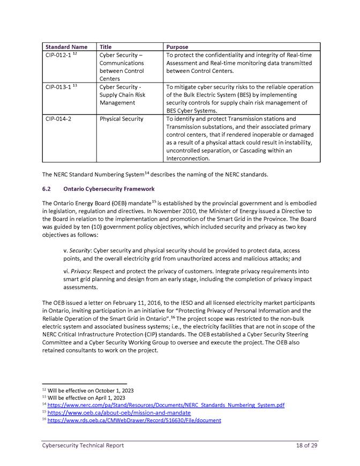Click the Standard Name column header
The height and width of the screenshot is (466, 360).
[x=66, y=47]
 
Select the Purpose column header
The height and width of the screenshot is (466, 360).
[x=177, y=47]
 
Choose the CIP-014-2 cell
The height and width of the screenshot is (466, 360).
[x=58, y=119]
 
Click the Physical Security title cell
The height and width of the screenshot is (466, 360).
[x=122, y=119]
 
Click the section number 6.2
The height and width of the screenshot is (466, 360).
[x=47, y=189]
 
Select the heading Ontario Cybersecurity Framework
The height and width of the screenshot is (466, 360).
[x=109, y=189]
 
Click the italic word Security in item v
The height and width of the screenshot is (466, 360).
[x=81, y=250]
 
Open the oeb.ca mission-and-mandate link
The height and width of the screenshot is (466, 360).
[x=119, y=413]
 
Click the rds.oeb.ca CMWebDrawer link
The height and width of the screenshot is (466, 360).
[x=134, y=420]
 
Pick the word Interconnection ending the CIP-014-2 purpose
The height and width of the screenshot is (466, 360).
[x=187, y=159]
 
